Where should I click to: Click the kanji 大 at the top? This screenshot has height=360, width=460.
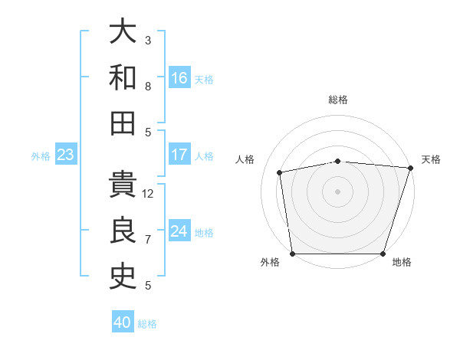coord(123,32)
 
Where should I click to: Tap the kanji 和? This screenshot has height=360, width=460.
coord(123,78)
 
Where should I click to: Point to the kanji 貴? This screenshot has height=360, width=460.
coord(123,185)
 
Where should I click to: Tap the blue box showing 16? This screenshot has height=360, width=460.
coord(179,78)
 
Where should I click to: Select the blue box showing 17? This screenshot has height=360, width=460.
coord(179,155)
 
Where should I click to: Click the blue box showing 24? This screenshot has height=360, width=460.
coord(179,231)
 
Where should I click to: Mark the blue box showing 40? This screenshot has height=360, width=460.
coord(123,322)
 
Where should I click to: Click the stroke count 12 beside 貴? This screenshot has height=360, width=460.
coord(148,194)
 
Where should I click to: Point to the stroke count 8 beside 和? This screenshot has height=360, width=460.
coord(148,87)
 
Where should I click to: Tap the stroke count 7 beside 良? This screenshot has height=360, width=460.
coord(148,240)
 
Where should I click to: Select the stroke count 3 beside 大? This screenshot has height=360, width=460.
coord(148,40)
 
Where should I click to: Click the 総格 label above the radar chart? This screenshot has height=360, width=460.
coord(337,100)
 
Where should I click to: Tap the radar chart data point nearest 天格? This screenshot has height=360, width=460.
coord(410,168)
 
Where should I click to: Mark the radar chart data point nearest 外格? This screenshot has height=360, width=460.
coord(292,254)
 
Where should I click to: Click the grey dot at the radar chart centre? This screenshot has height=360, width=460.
coord(337,191)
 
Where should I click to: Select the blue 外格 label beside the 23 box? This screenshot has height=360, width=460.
coord(41,156)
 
